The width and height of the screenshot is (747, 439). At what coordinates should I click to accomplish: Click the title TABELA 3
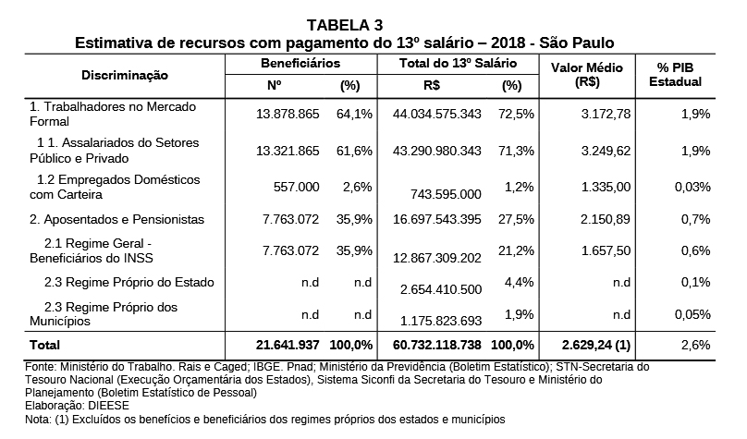coord(345,25)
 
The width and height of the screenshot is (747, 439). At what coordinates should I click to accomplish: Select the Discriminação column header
coord(124,75)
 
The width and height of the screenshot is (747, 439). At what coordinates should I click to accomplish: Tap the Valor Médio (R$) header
coord(587,75)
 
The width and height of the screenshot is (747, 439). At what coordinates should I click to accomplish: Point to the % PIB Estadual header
coord(675,75)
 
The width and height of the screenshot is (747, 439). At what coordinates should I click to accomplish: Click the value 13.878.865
coord(288,115)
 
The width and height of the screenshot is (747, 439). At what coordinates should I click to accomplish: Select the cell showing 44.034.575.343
coord(437,115)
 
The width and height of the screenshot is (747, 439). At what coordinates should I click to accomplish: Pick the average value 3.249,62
coord(606,151)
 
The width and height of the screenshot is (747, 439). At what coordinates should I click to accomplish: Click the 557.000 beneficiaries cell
coord(297,187)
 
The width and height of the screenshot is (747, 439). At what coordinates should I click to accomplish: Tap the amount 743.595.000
coord(446,194)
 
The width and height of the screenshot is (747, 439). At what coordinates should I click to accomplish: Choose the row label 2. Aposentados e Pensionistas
coord(116,220)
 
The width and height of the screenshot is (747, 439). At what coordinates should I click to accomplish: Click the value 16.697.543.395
coord(437,220)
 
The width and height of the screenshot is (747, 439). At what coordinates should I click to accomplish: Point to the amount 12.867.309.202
coord(437,258)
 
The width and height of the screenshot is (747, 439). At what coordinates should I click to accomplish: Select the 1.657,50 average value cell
coord(606,251)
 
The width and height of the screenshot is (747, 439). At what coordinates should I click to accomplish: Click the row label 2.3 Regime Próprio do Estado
coord(129,283)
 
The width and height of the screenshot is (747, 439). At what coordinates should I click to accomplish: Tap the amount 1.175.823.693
coord(441,321)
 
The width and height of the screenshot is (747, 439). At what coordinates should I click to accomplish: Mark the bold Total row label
coord(44,345)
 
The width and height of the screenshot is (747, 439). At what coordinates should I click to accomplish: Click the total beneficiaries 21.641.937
coord(288,345)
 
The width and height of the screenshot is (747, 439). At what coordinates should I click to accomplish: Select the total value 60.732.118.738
coord(437,345)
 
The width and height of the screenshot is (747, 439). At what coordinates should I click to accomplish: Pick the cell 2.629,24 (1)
coord(596,345)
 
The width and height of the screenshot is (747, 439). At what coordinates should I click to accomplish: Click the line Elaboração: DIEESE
coord(77,406)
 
